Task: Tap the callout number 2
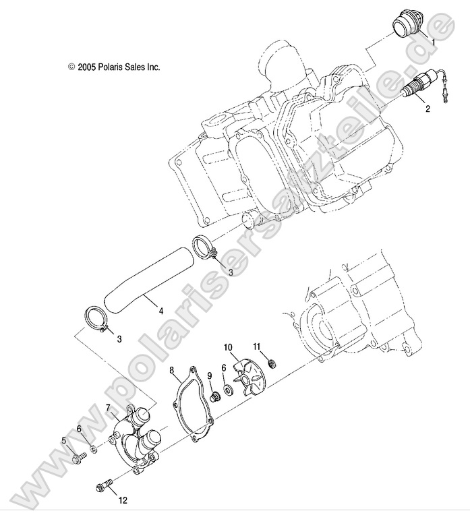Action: pyautogui.click(x=426, y=108)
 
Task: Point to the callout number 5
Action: pyautogui.click(x=64, y=440)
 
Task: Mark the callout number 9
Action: pyautogui.click(x=210, y=375)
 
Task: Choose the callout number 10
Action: pyautogui.click(x=228, y=347)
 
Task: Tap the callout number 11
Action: pyautogui.click(x=256, y=346)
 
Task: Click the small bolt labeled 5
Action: pyautogui.click(x=76, y=459)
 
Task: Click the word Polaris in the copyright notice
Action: pyautogui.click(x=110, y=67)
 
